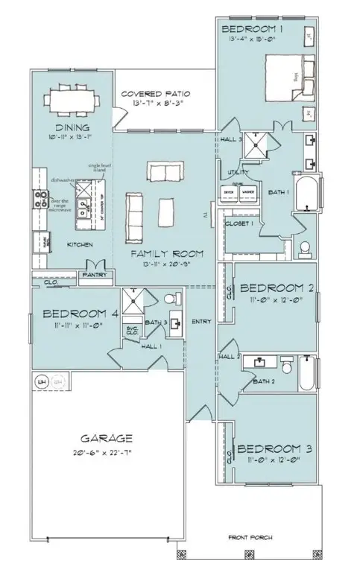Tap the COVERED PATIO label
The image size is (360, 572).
pos(156,94)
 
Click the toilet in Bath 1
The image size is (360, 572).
pos(304,247)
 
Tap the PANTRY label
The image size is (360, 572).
pos(97,275)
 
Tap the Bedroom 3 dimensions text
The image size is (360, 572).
pos(272,460)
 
